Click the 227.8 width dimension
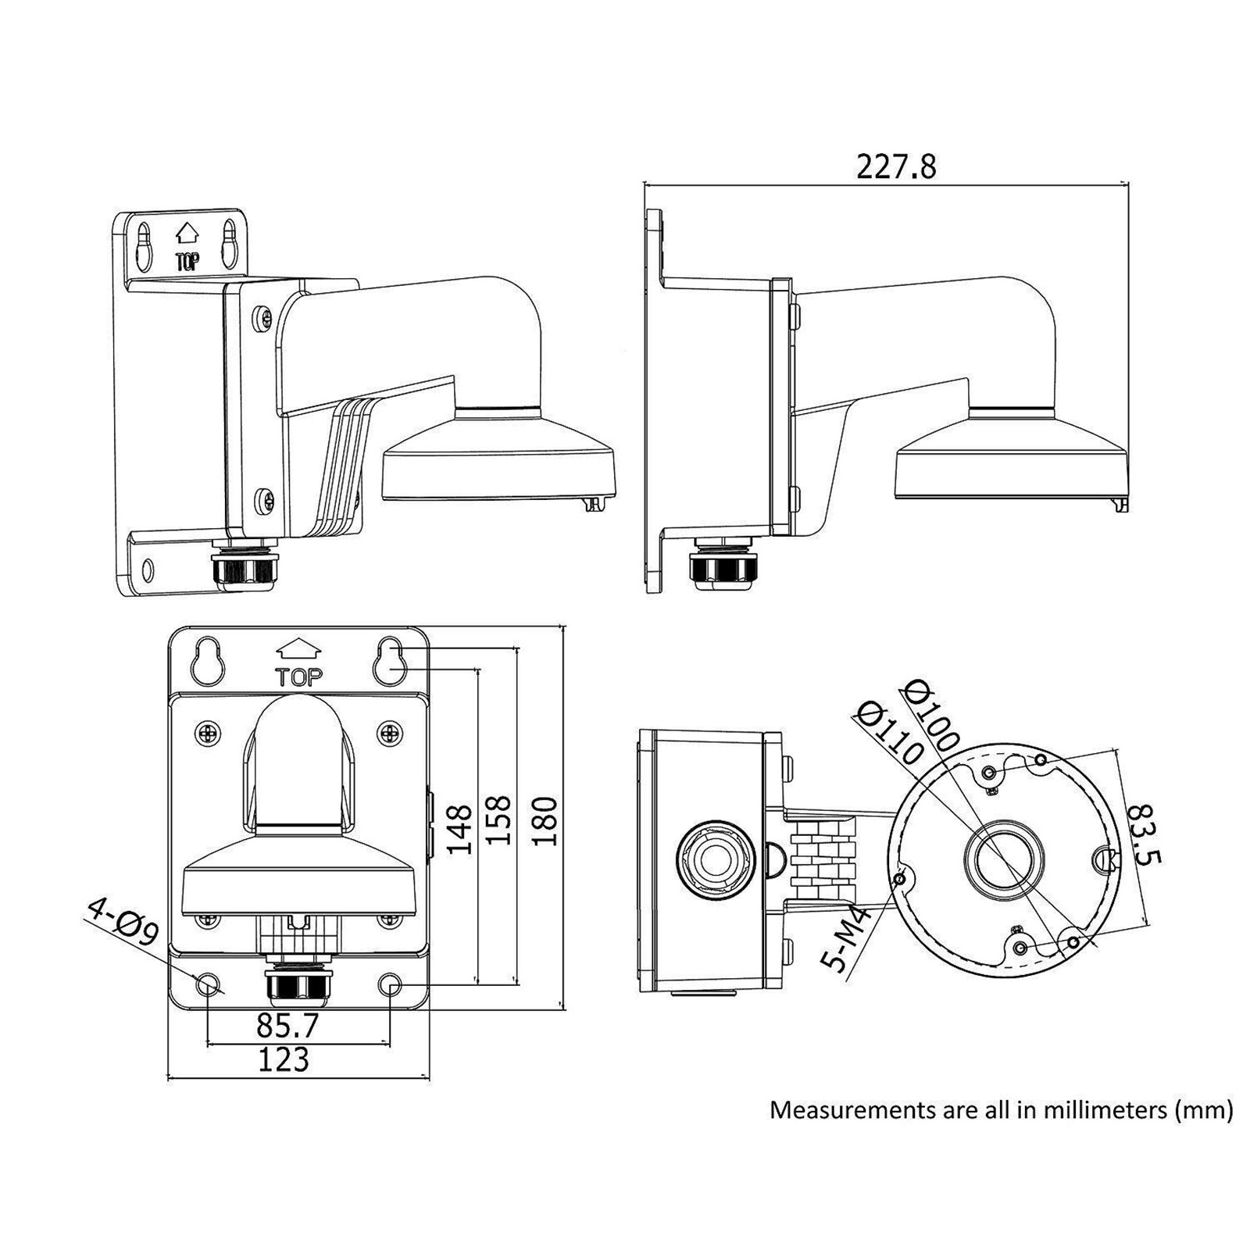click(x=895, y=167)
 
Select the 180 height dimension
click(x=545, y=821)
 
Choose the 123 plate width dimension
click(x=284, y=1059)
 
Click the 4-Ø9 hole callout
click(x=123, y=922)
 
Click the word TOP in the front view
click(x=299, y=677)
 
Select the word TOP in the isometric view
click(x=187, y=261)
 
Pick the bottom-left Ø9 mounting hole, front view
click(x=207, y=984)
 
